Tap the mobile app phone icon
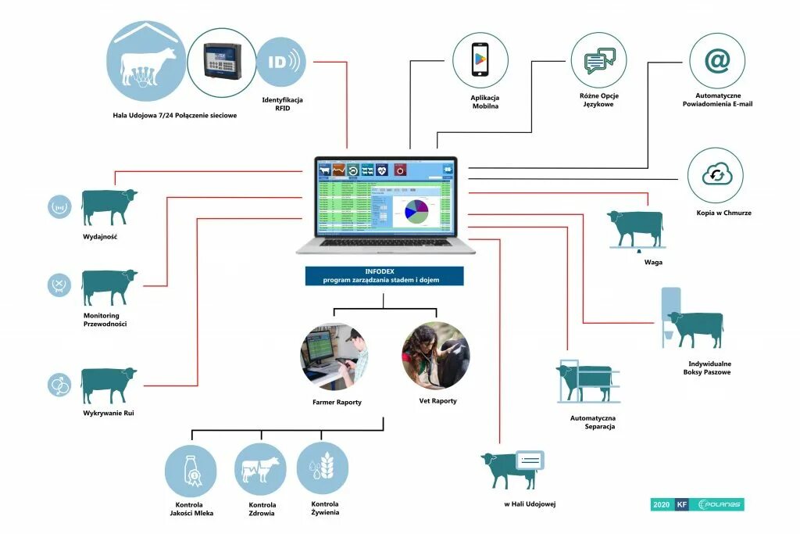pos(480,60)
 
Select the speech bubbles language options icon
pos(599,60)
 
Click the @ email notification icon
pos(716,60)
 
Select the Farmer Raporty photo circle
pos(334,356)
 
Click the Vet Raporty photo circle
pos(435,356)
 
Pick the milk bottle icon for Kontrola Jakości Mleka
pos(191,471)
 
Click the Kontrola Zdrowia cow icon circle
pos(261,469)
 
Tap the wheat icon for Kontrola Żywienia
pos(323,468)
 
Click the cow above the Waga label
pos(637,228)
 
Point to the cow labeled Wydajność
pos(109,206)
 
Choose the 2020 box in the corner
pos(661,505)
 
